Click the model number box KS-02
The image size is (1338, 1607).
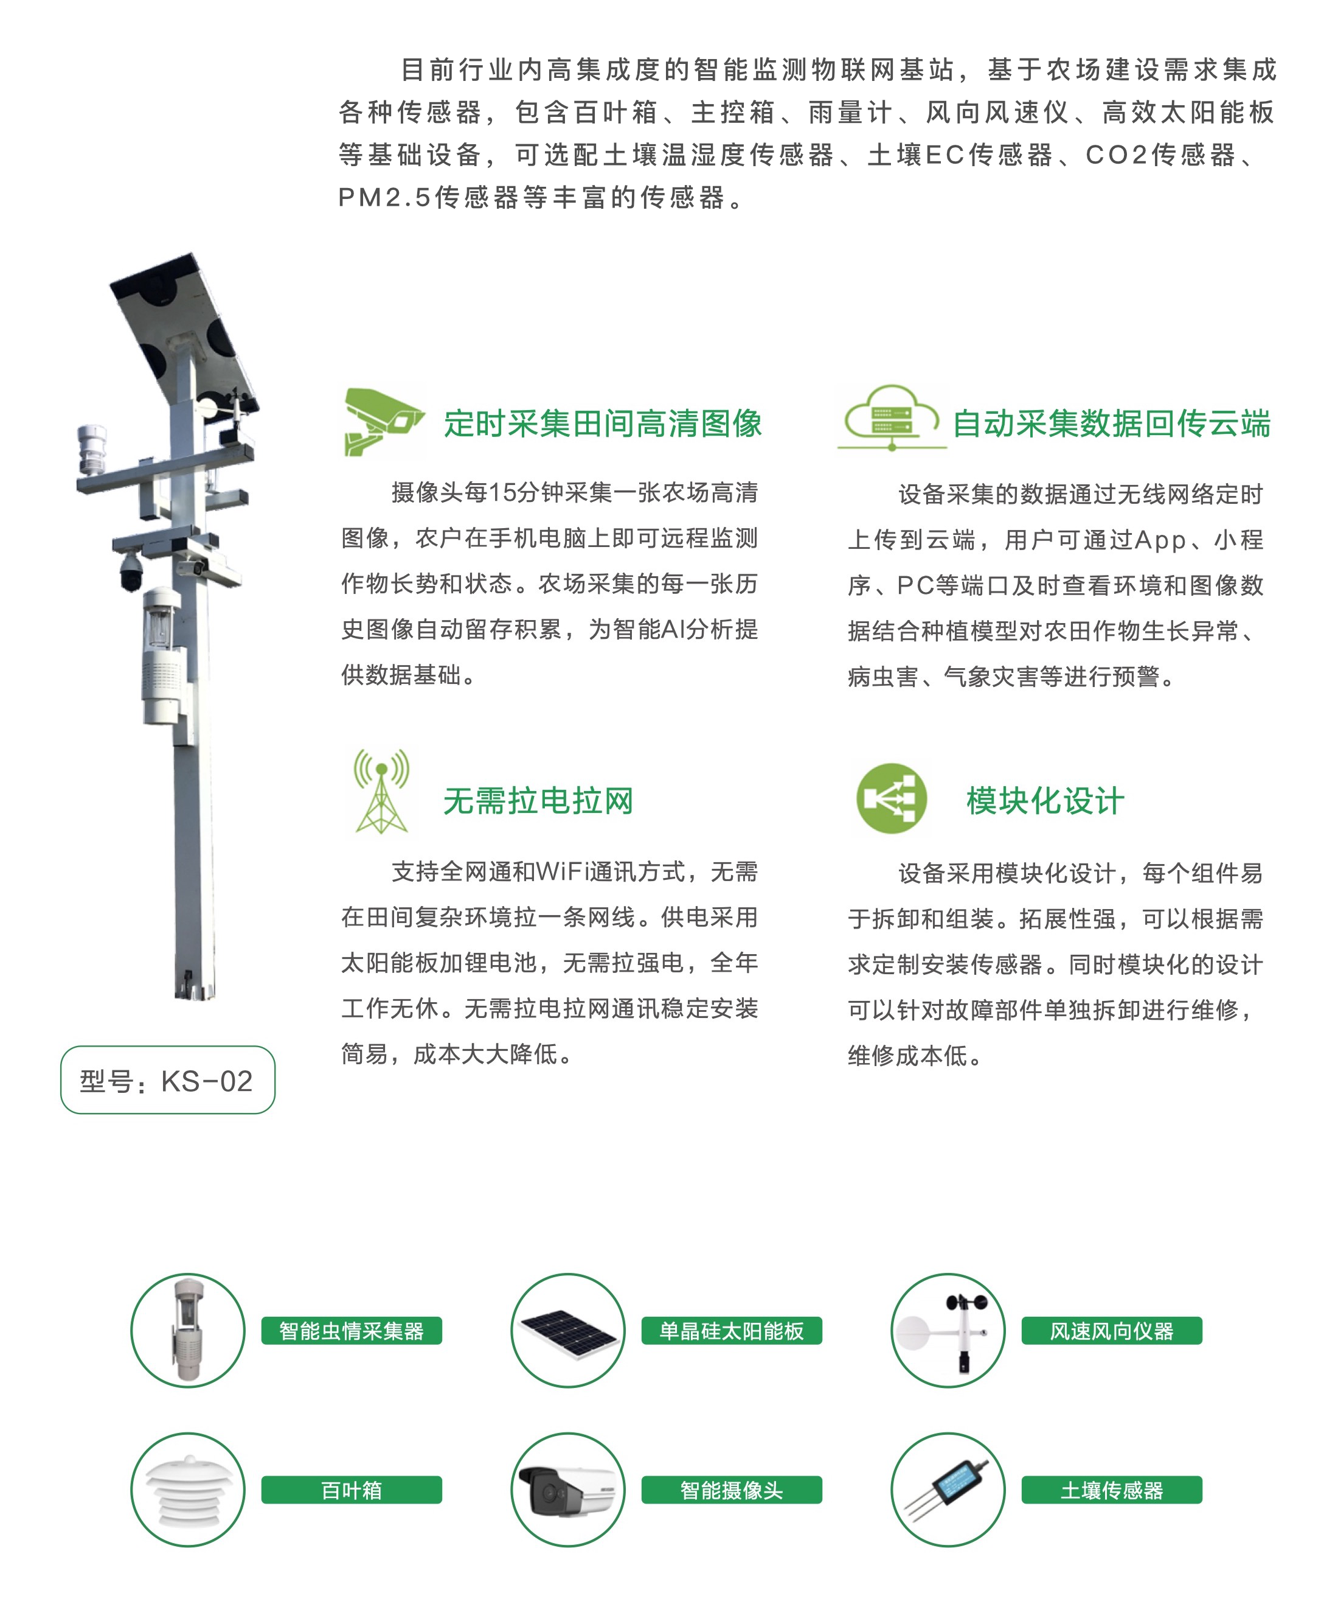pyautogui.click(x=167, y=1080)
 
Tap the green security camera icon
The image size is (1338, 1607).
pyautogui.click(x=383, y=421)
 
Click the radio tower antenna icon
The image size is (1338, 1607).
pyautogui.click(x=381, y=791)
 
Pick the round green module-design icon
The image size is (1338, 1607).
pyautogui.click(x=891, y=798)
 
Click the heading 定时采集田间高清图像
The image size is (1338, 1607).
pyautogui.click(x=603, y=423)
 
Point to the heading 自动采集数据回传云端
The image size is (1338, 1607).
pyautogui.click(x=1112, y=423)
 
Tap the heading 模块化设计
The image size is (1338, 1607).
pyautogui.click(x=1045, y=800)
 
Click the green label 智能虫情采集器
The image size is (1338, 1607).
pyautogui.click(x=352, y=1331)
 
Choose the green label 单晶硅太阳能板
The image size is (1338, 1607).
pyautogui.click(x=732, y=1331)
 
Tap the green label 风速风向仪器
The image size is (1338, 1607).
pyautogui.click(x=1112, y=1331)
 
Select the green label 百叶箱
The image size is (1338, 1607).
pyautogui.click(x=352, y=1490)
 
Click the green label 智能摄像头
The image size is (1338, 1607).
pyautogui.click(x=732, y=1490)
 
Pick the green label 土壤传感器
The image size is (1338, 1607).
pyautogui.click(x=1112, y=1490)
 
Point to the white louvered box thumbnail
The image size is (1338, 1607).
pyautogui.click(x=188, y=1490)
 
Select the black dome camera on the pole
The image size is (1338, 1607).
pyautogui.click(x=131, y=571)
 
